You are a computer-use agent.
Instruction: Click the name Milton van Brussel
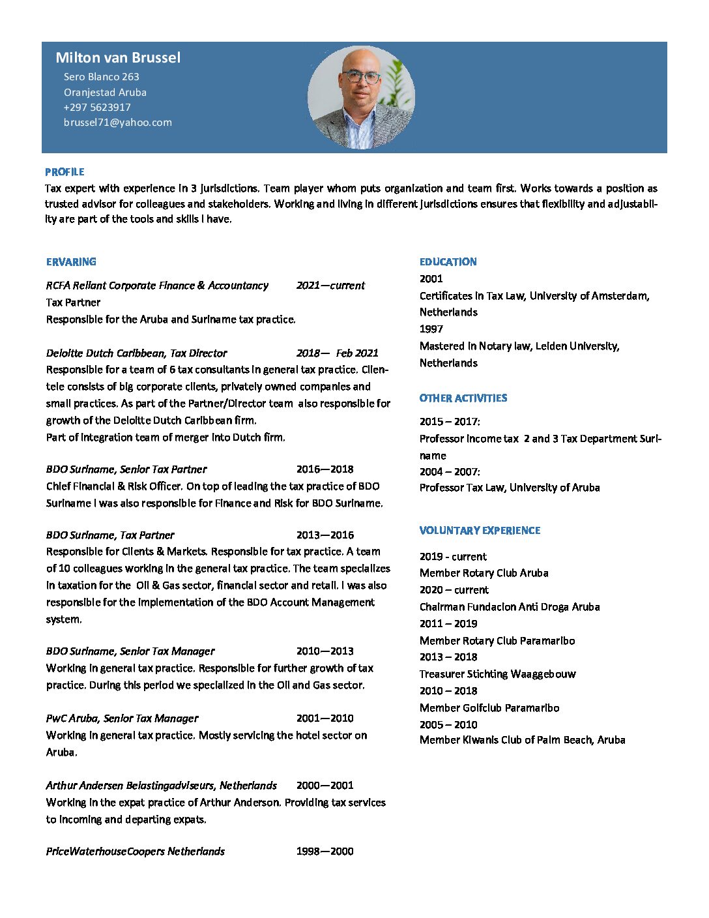coord(118,57)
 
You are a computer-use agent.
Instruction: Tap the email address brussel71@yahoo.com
coord(118,123)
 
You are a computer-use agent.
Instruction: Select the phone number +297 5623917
coord(97,108)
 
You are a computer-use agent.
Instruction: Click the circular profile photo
coord(361,98)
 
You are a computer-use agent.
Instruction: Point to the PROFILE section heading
coord(65,172)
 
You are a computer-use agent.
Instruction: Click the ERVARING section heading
coord(71,262)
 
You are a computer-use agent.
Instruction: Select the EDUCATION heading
coord(448,262)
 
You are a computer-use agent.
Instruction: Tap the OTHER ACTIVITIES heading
coord(463,398)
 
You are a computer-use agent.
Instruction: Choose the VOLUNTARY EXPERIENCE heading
coord(480,531)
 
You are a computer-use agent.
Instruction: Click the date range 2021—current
coord(330,286)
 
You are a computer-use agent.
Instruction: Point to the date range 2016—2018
coord(325,469)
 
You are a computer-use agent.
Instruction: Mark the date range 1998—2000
coord(325,851)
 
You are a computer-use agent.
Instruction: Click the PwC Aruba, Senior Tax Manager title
coord(122,718)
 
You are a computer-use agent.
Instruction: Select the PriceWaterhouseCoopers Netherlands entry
coord(135,851)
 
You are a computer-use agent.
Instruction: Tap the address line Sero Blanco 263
coord(102,77)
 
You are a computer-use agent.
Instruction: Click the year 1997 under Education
coord(431,329)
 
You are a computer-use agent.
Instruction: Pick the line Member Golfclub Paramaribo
coord(489,708)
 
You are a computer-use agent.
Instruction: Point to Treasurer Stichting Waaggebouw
coord(497,674)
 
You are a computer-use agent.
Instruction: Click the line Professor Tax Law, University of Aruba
coord(510,488)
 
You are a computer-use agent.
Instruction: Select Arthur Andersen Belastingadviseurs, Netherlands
coord(161,786)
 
